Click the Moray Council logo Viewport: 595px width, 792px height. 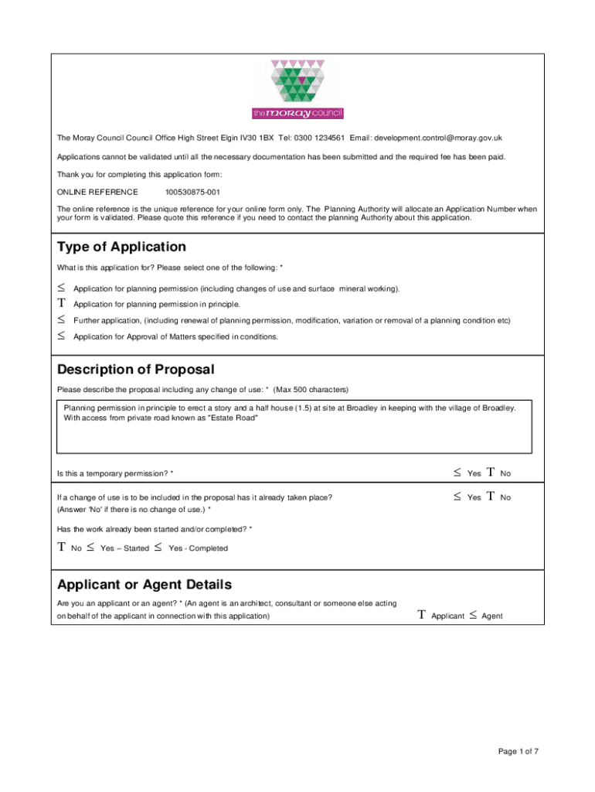coord(297,89)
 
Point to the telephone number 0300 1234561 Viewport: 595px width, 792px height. coord(318,138)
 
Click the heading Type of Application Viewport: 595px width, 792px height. coord(121,247)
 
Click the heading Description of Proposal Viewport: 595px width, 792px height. coord(135,370)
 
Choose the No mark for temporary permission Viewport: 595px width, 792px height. coord(491,473)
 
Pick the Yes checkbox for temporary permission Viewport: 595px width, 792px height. coord(457,473)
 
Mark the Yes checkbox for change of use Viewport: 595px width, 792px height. coord(457,497)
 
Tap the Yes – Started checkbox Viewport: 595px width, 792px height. coord(91,548)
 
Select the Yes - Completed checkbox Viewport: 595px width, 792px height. coord(158,548)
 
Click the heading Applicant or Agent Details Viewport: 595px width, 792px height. coord(144,584)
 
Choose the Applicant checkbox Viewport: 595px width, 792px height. coord(422,616)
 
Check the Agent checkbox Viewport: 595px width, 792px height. coord(472,616)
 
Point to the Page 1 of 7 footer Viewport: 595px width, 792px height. coord(518,751)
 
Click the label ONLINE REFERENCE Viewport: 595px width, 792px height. coord(97,192)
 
